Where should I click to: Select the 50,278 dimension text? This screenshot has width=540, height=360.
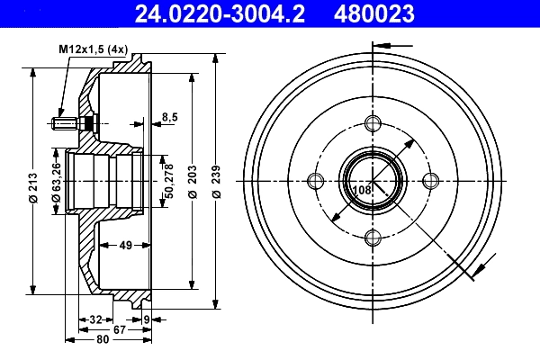coord(167,180)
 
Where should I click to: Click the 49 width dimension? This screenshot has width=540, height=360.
coord(126,244)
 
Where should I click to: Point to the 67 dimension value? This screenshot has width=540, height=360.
coord(119,328)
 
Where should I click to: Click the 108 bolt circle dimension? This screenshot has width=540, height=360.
coord(362,190)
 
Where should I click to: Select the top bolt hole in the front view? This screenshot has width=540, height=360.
coord(373,124)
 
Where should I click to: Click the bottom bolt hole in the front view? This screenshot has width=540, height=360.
coord(373,238)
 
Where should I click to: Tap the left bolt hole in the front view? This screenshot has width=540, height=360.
coord(315,181)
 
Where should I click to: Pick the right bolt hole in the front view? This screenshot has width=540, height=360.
coord(429,181)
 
